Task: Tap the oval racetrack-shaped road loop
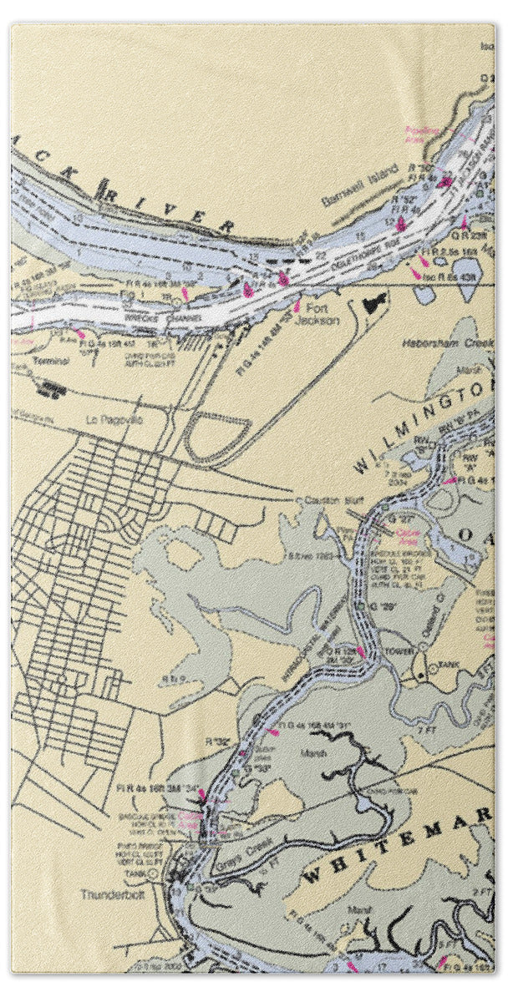[x=217, y=434]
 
